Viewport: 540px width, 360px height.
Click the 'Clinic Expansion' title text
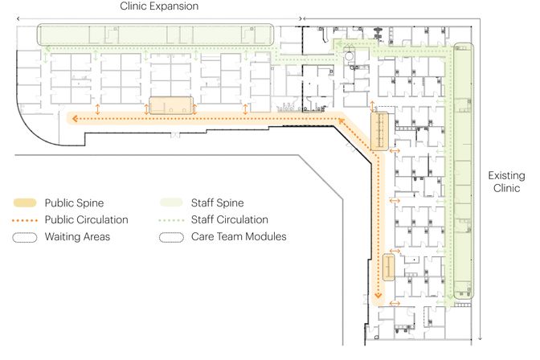coord(159,6)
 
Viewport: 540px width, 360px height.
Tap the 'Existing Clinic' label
coord(506,182)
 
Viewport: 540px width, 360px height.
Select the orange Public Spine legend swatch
coord(25,202)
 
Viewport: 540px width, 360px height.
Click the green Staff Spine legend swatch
coord(171,202)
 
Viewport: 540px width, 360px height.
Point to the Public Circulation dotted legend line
coord(25,220)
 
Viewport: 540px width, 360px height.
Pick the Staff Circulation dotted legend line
coord(171,220)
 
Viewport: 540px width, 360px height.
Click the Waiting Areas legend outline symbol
coord(25,237)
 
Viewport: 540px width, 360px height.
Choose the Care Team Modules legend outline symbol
coord(171,237)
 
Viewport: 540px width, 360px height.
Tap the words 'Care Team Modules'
coord(239,237)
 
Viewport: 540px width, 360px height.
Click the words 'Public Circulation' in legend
coord(87,220)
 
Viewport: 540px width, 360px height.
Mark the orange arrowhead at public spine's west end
coord(75,119)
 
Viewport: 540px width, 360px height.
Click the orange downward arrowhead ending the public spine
coord(378,295)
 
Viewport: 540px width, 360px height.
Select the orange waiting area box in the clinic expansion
coord(171,105)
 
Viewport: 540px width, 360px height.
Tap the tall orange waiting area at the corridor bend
coord(379,131)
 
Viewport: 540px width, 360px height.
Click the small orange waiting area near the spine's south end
coord(388,268)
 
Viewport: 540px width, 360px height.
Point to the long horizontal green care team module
coord(155,35)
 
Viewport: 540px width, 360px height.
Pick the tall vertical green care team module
coord(463,170)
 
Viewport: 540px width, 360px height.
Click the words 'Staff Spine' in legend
coord(217,203)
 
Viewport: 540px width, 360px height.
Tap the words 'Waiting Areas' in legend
coord(77,237)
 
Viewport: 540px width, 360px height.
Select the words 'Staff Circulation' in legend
coord(230,220)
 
